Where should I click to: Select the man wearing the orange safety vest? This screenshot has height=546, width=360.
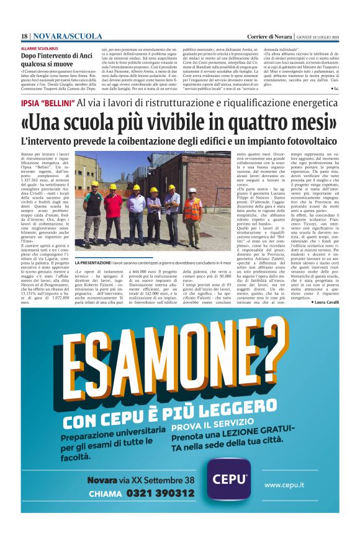pyautogui.click(x=192, y=214)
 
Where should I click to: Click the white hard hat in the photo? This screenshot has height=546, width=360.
pyautogui.click(x=192, y=190)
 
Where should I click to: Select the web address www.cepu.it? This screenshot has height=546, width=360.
pyautogui.click(x=290, y=484)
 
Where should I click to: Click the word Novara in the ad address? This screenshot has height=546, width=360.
pyautogui.click(x=102, y=480)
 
